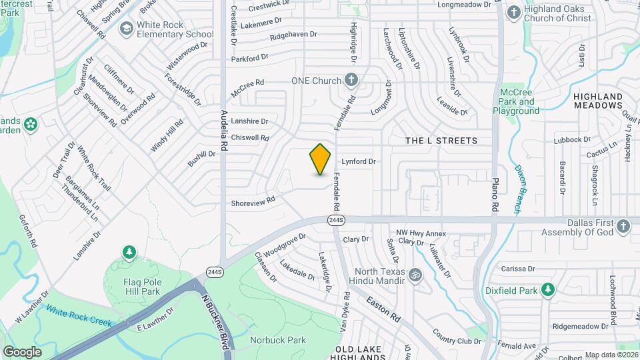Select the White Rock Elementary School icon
click(126, 29)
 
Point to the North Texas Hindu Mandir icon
click(414, 275)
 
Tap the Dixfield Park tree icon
click(548, 289)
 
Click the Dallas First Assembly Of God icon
click(623, 226)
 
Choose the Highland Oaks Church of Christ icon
click(513, 12)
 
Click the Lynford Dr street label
click(359, 161)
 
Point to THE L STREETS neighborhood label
click(441, 141)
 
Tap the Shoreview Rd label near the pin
click(253, 200)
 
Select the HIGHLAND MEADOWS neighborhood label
click(597, 101)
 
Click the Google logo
click(22, 351)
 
